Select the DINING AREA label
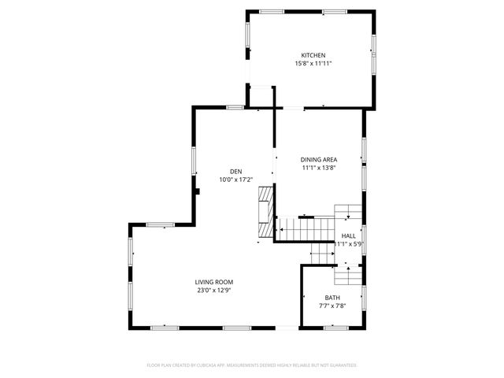319,159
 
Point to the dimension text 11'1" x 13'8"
319,168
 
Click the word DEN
235,172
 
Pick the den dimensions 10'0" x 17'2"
235,180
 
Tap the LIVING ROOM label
214,282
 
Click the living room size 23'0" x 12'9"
214,291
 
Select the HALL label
348,235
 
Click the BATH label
333,297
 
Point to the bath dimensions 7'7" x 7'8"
333,306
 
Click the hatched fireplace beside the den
266,209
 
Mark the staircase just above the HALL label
347,214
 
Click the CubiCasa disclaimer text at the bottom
252,365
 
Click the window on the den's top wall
234,106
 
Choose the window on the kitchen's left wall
247,35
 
